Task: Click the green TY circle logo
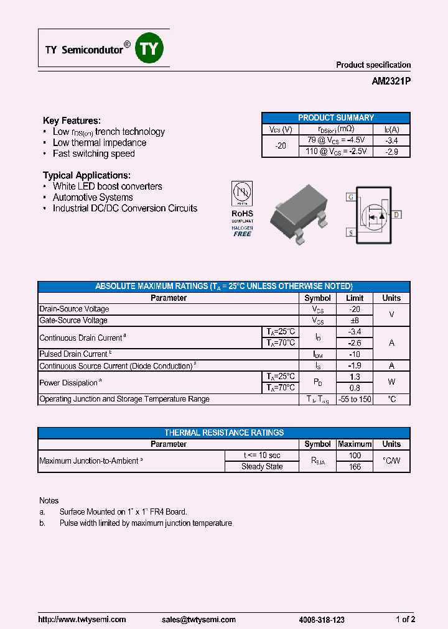[x=149, y=49]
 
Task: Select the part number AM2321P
[x=391, y=81]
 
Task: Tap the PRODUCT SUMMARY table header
[x=335, y=117]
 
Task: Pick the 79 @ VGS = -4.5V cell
[x=336, y=140]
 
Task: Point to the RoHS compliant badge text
[x=242, y=214]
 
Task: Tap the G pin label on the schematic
[x=351, y=197]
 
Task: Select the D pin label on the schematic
[x=396, y=215]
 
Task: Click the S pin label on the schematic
[x=351, y=232]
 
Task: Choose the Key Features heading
[x=72, y=121]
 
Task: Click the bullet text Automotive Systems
[x=93, y=198]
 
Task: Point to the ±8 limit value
[x=354, y=321]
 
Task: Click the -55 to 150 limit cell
[x=354, y=399]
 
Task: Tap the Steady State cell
[x=262, y=467]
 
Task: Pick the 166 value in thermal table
[x=354, y=467]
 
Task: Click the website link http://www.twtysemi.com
[x=82, y=620]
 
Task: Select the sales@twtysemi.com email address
[x=198, y=620]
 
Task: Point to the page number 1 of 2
[x=405, y=620]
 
